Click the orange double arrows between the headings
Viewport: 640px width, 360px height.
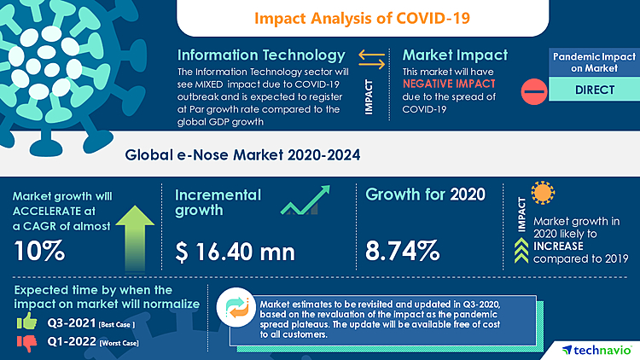(x=372, y=57)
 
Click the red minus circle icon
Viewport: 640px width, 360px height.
(x=533, y=89)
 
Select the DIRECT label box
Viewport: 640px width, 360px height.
(x=589, y=89)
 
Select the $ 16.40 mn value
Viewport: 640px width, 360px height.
(x=235, y=252)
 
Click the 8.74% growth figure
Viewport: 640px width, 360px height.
(x=403, y=252)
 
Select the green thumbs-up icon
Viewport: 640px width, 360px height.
(x=26, y=322)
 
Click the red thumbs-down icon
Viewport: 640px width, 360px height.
(x=26, y=343)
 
